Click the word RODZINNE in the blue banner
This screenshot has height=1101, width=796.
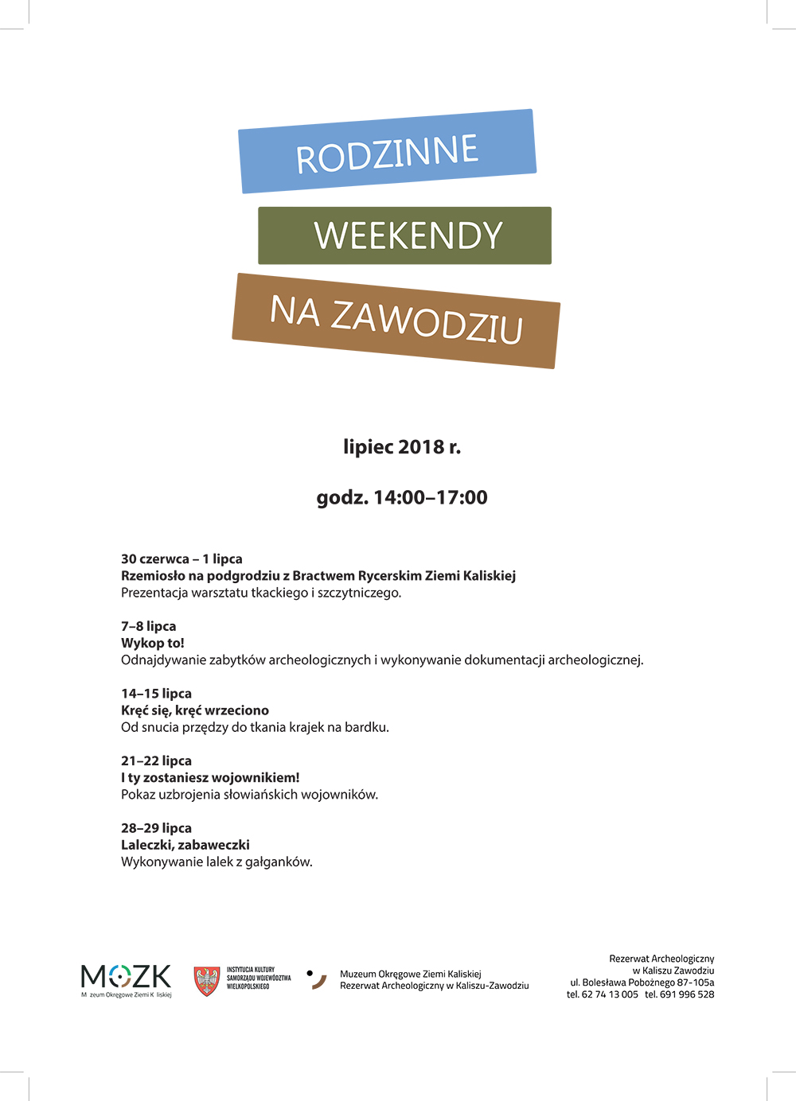388,153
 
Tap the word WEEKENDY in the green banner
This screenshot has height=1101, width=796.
408,235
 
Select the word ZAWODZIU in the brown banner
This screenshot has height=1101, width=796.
427,322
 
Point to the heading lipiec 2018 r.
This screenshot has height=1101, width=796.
402,447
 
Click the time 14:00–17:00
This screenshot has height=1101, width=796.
430,498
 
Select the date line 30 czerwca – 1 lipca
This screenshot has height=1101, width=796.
181,559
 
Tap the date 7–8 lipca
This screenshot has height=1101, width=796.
148,626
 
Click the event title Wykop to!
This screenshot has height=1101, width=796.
152,643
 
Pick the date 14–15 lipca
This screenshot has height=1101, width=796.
156,694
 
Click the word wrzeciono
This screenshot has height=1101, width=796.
236,710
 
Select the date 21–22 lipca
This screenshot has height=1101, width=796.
156,761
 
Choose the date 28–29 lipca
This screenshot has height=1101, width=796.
156,828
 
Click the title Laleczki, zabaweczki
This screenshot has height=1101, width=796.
185,845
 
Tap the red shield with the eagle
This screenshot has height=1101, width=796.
207,981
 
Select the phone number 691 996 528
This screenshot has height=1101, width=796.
687,994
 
